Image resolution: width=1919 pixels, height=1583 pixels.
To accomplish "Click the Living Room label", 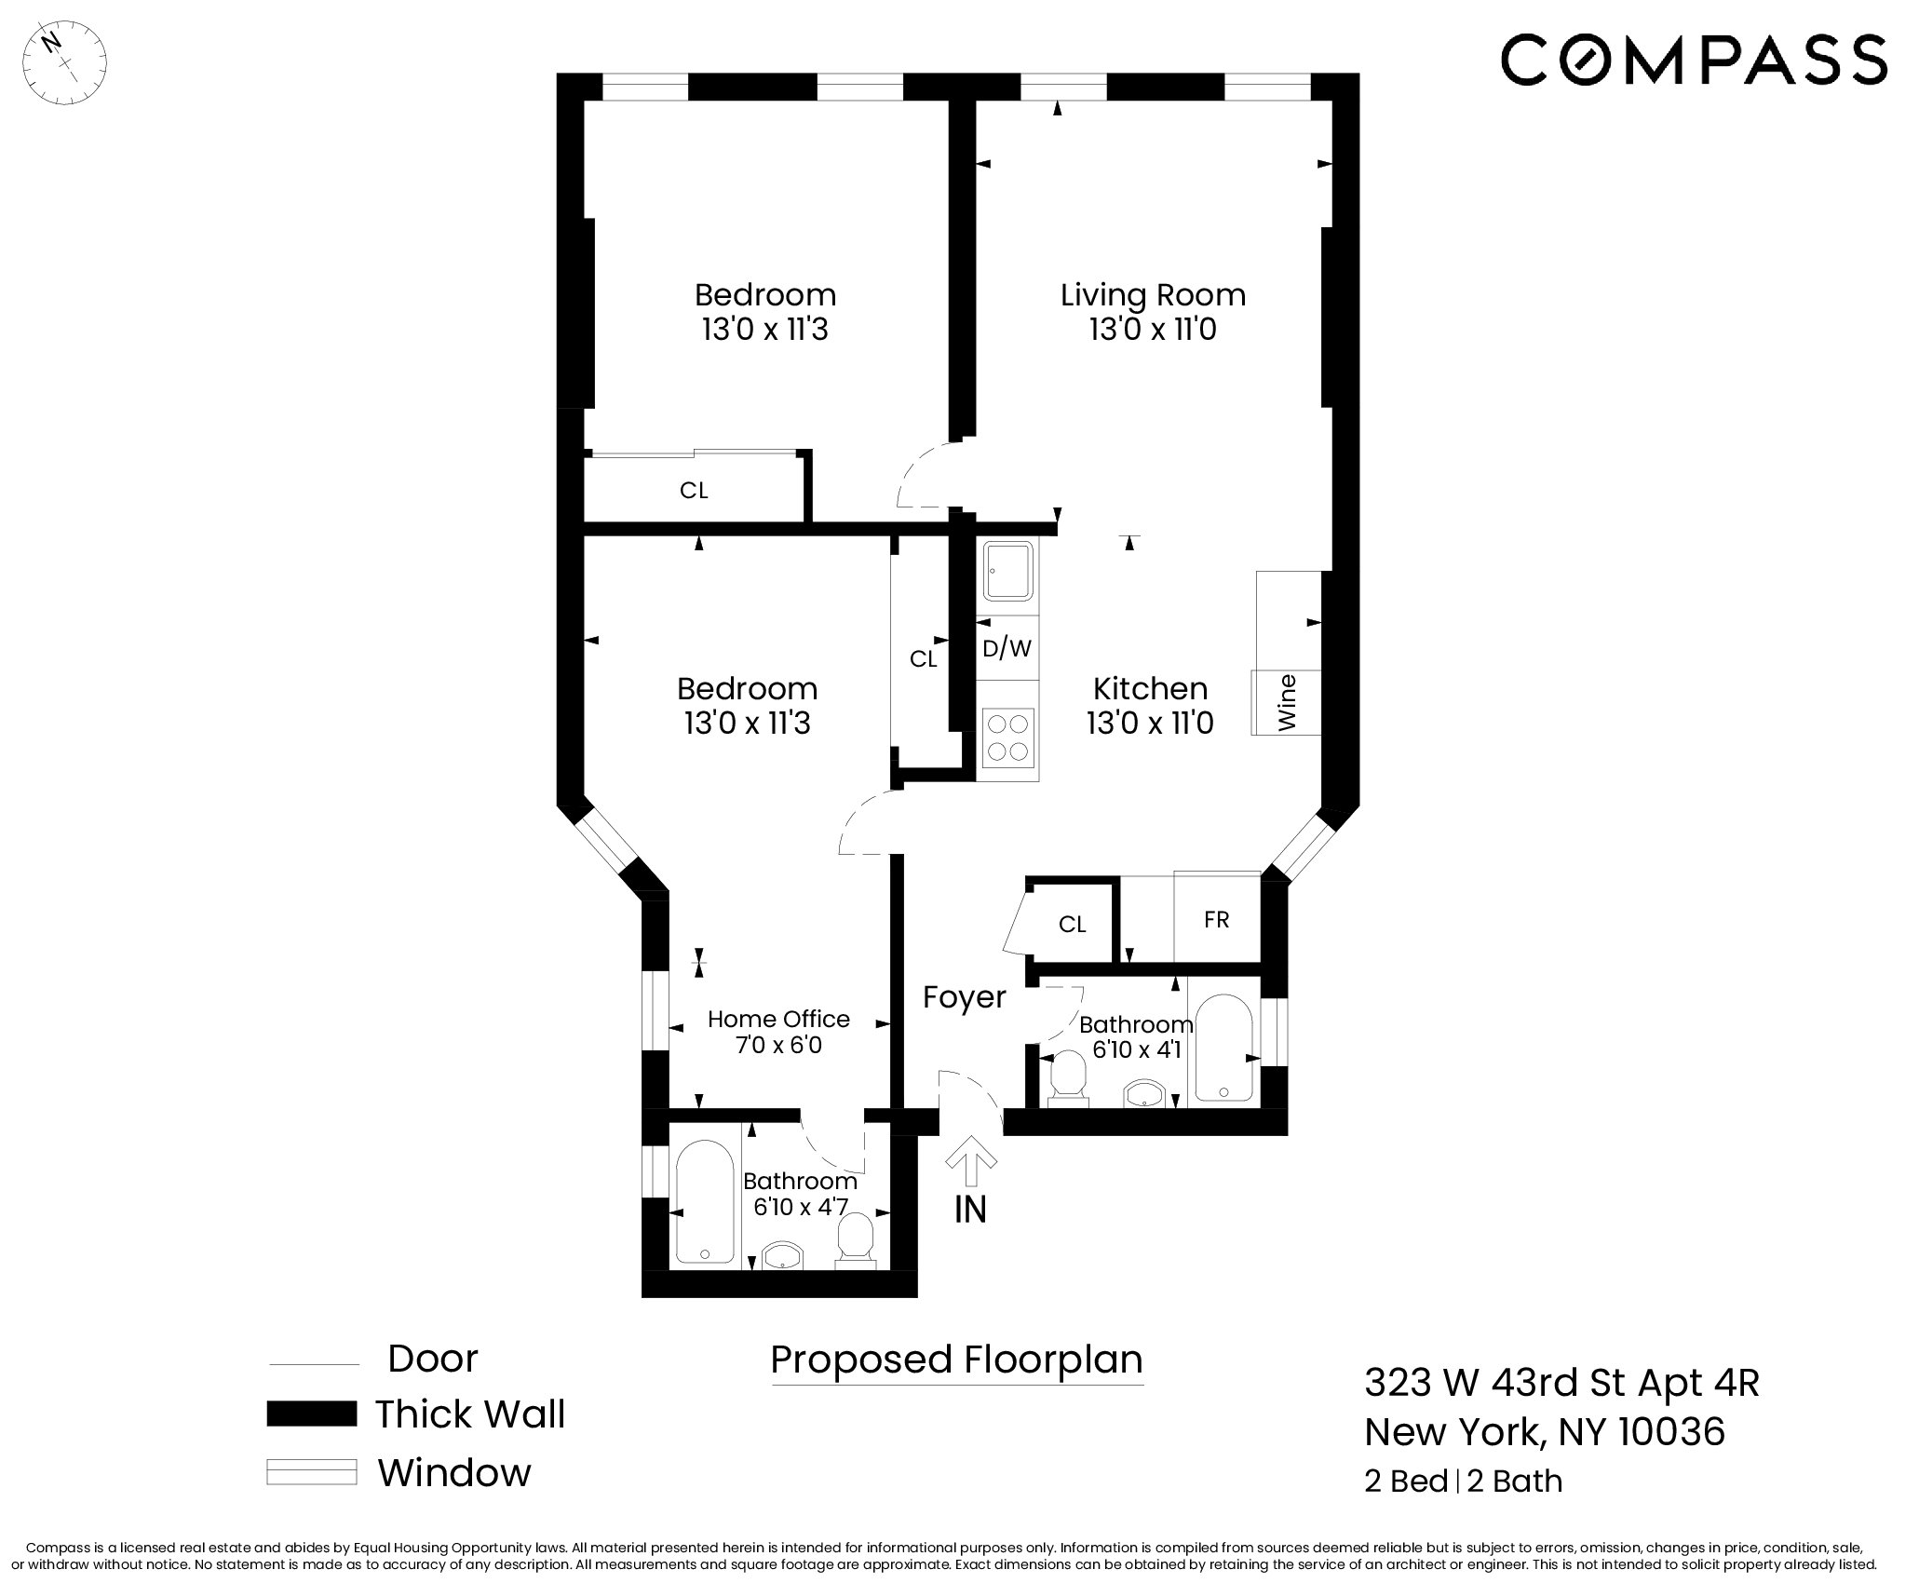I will click(1153, 295).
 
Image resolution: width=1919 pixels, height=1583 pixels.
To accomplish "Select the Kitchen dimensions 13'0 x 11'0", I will click(1150, 724).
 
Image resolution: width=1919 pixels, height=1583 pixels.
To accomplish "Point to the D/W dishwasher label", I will click(1007, 648).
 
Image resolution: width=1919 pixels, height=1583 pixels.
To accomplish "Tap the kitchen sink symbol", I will click(1007, 570).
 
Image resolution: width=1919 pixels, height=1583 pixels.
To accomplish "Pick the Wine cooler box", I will click(1287, 703).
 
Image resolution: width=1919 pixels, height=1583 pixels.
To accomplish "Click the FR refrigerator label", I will click(1216, 920).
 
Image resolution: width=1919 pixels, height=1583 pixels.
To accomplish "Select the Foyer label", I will click(964, 997).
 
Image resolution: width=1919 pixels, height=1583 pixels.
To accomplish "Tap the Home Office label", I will click(778, 1019).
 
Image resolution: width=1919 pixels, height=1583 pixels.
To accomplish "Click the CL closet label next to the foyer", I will click(1072, 925).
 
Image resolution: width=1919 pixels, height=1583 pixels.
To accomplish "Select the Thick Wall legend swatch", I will click(311, 1414).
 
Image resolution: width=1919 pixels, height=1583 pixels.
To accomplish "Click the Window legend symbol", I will click(311, 1472).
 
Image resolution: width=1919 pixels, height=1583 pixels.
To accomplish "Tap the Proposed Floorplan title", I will click(956, 1360).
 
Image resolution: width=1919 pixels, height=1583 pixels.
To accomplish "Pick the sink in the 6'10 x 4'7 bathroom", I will click(782, 1255).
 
